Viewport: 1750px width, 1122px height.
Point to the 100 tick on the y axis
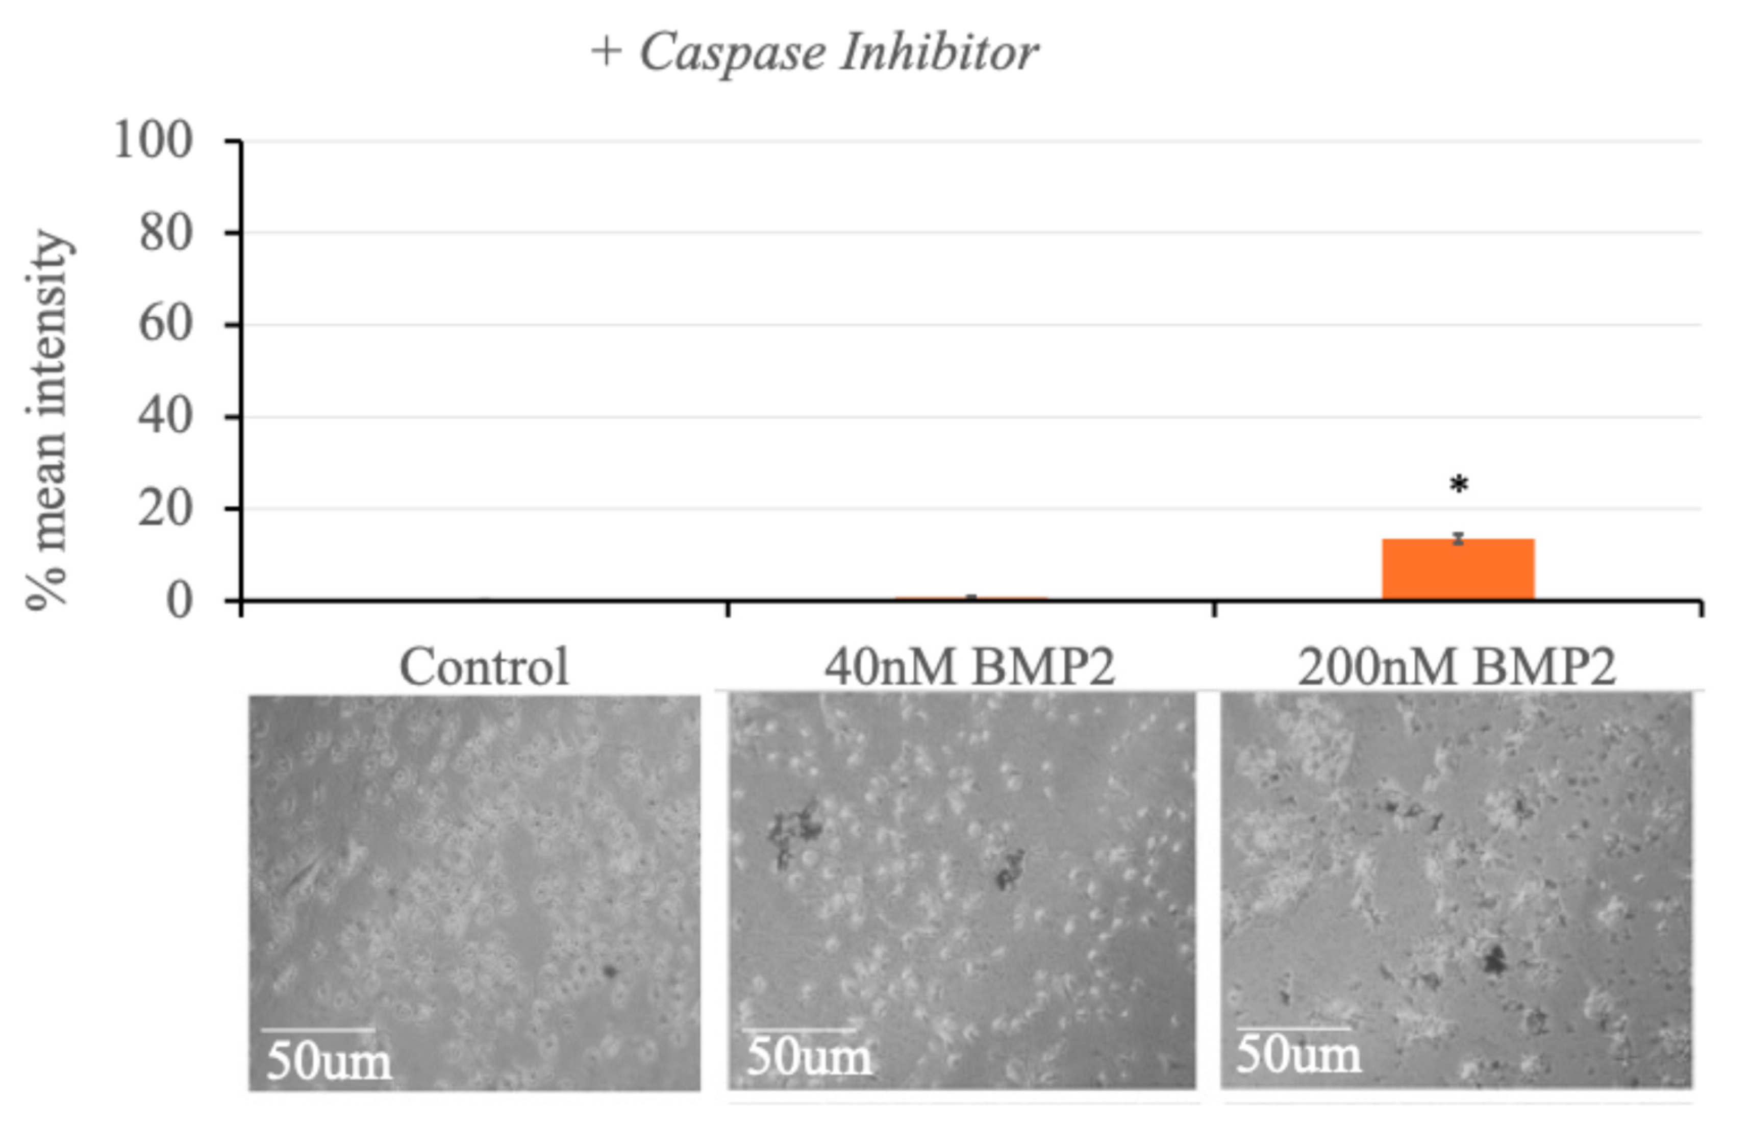pos(153,140)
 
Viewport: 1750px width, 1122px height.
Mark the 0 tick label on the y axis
pos(179,602)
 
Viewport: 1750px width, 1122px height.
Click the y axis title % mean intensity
pos(48,419)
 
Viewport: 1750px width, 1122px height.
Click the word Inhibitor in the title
pos(939,53)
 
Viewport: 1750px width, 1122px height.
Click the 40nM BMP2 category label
pos(970,667)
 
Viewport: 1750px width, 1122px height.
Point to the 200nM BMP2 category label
pos(1457,667)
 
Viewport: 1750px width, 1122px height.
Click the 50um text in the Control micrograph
pos(329,1061)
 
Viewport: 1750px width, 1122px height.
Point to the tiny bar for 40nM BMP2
pos(971,598)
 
